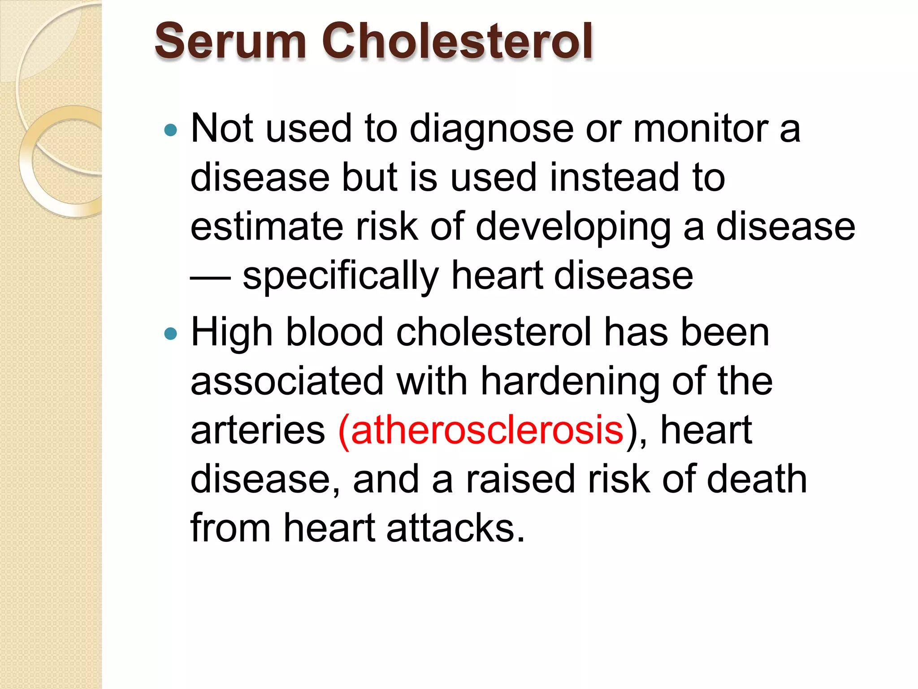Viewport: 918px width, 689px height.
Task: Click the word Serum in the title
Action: [230, 41]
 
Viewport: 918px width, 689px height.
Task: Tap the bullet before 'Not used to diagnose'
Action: [171, 131]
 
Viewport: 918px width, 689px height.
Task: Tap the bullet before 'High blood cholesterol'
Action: [171, 334]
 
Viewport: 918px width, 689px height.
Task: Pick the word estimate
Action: [267, 227]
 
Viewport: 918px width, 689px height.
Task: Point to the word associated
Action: [287, 381]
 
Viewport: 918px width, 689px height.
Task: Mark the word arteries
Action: [258, 430]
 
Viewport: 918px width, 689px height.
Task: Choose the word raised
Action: [520, 479]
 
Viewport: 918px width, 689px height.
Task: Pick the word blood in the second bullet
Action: [334, 333]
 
